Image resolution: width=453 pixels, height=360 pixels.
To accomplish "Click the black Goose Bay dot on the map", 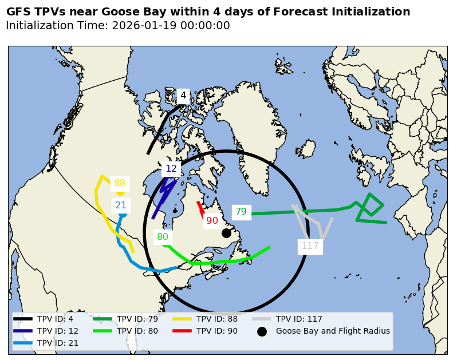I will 226,233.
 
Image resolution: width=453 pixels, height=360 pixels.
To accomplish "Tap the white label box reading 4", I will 183,96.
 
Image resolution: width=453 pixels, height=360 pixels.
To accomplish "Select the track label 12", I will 171,169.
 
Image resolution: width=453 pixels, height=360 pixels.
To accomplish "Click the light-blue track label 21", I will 121,205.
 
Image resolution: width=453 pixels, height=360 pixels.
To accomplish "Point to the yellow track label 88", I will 120,183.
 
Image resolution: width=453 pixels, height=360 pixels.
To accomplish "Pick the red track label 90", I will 212,221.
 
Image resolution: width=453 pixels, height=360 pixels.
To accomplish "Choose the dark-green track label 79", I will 241,212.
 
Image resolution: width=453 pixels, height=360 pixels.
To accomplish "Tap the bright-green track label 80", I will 163,237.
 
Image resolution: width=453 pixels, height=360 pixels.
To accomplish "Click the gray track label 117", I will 310,246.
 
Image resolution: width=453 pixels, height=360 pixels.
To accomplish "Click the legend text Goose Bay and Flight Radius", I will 333,331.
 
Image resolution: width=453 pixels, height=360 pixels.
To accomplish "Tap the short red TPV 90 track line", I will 200,209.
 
